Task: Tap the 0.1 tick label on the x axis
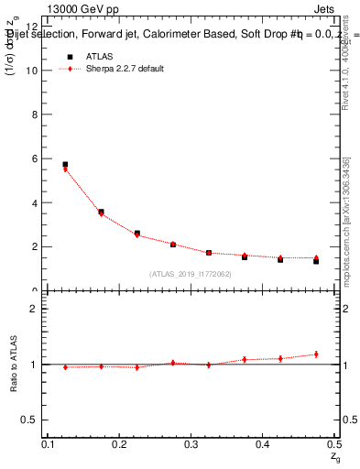pos(48,444)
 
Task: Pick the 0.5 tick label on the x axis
pos(333,444)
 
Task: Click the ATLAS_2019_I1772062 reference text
pos(190,274)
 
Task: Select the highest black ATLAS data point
pos(65,165)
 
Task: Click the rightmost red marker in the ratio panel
pos(316,354)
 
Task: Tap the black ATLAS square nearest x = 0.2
pos(101,212)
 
